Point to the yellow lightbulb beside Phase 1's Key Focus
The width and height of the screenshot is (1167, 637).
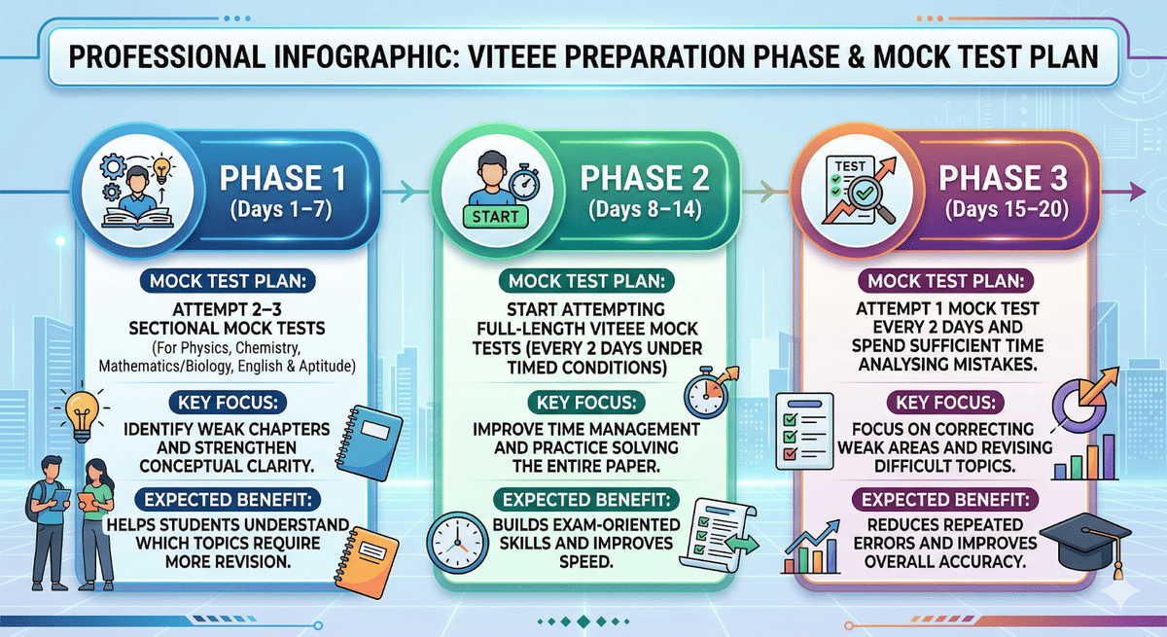[82, 411]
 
